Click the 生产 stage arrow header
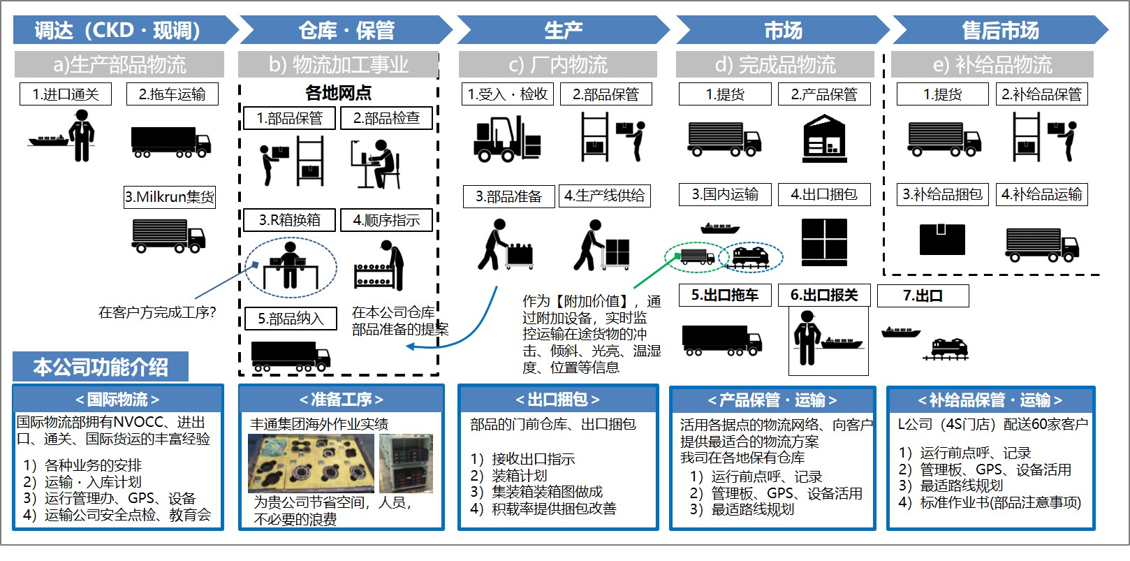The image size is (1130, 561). (562, 30)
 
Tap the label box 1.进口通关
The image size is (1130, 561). (66, 94)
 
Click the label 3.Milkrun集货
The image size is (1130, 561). (170, 197)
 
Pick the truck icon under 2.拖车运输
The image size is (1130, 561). (171, 141)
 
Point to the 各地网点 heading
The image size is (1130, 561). (338, 92)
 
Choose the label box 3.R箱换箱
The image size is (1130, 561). (289, 220)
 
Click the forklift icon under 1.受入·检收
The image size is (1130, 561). (507, 138)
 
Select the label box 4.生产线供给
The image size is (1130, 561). (605, 196)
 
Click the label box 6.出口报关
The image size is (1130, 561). (824, 295)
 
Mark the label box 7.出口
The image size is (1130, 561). (923, 296)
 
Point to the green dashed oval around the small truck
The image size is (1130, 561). (691, 256)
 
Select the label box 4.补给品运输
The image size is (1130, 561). (1041, 194)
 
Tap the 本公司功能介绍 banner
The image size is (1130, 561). (101, 367)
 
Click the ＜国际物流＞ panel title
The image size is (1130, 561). (118, 400)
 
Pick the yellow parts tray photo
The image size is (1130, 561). (311, 463)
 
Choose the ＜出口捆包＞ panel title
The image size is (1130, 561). (557, 400)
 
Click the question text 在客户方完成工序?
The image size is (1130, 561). (157, 312)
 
